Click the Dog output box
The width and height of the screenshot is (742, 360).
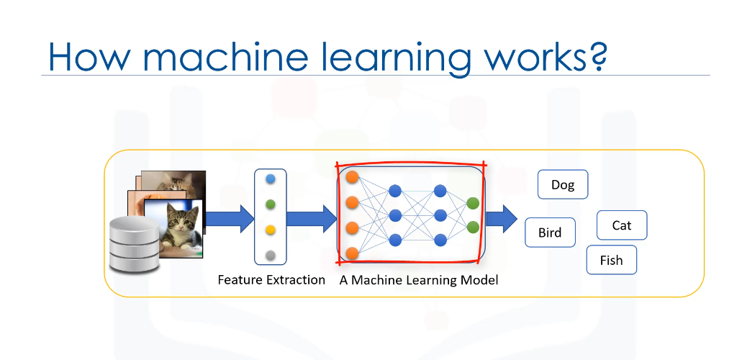pyautogui.click(x=563, y=185)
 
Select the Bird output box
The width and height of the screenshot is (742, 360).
pyautogui.click(x=550, y=233)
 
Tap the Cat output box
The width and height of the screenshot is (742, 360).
pyautogui.click(x=622, y=225)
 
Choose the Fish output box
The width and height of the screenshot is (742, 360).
pyautogui.click(x=611, y=260)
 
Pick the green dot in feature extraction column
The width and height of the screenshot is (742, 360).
pyautogui.click(x=271, y=204)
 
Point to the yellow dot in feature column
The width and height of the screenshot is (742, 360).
pyautogui.click(x=271, y=230)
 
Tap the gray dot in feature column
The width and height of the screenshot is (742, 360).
pyautogui.click(x=271, y=255)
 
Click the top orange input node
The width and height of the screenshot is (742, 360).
pyautogui.click(x=353, y=176)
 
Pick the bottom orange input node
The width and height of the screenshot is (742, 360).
pyautogui.click(x=353, y=253)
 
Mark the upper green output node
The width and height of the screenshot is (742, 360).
pyautogui.click(x=473, y=203)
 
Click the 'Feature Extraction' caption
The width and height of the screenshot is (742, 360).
pyautogui.click(x=271, y=279)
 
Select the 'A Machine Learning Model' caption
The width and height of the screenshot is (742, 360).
pyautogui.click(x=419, y=279)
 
